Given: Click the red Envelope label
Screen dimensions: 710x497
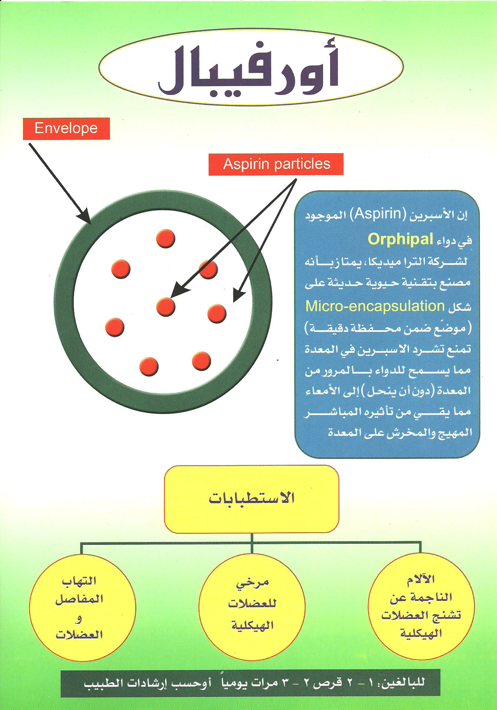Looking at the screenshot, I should (x=66, y=128).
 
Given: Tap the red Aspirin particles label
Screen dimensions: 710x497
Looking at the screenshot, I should (x=276, y=164).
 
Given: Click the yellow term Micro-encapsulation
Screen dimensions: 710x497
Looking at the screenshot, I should (x=375, y=306).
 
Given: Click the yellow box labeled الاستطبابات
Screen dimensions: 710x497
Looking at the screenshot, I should (x=251, y=499).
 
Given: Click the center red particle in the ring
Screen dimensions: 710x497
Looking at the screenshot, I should (x=165, y=307).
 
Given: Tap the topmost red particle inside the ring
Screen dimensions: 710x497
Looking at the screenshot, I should (x=165, y=238).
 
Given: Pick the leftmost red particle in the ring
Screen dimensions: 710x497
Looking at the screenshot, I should (x=115, y=327).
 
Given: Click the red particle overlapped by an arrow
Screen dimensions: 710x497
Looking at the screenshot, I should (x=209, y=270).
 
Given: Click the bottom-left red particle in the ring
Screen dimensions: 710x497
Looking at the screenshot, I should (x=149, y=366).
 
